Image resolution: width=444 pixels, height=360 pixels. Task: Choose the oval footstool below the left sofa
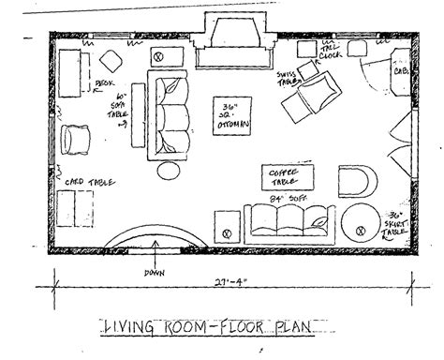coord(171,171)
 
